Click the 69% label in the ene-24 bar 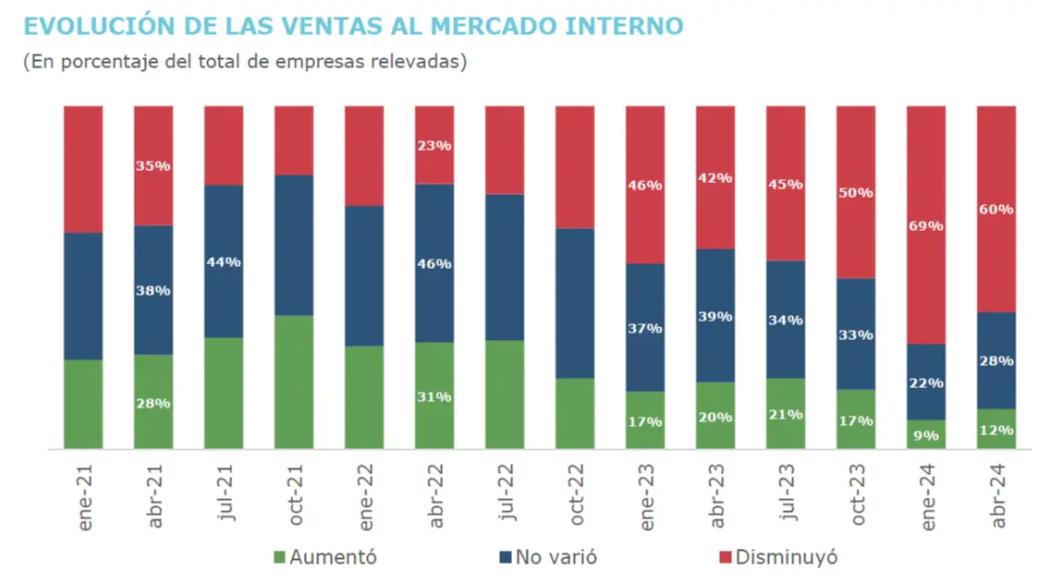(x=925, y=225)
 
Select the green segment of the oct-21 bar (x=293, y=382)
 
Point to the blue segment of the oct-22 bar (x=574, y=302)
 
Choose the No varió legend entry (x=547, y=557)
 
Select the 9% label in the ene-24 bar (x=925, y=434)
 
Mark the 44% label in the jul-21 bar (x=223, y=262)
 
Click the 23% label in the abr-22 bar (x=434, y=145)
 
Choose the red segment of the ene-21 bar (x=82, y=168)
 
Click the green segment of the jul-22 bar (x=504, y=394)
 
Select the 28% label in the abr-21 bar (x=153, y=403)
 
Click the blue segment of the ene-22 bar (x=363, y=275)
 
